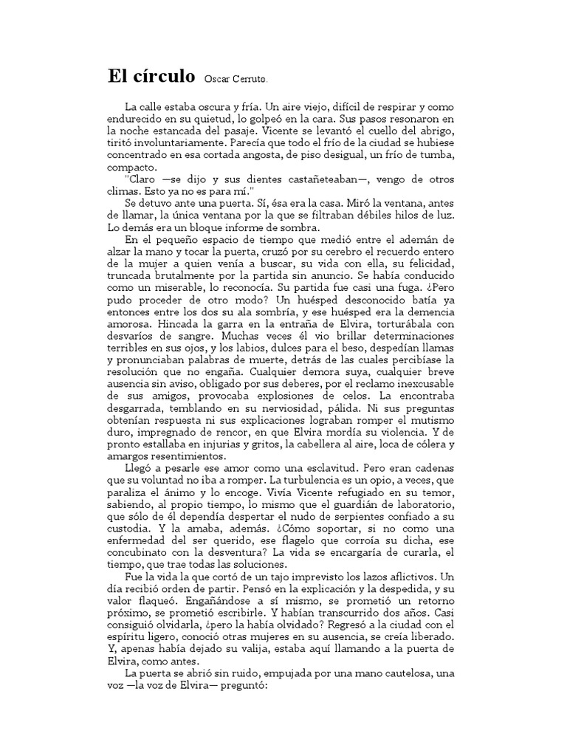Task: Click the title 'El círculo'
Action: click(x=152, y=77)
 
